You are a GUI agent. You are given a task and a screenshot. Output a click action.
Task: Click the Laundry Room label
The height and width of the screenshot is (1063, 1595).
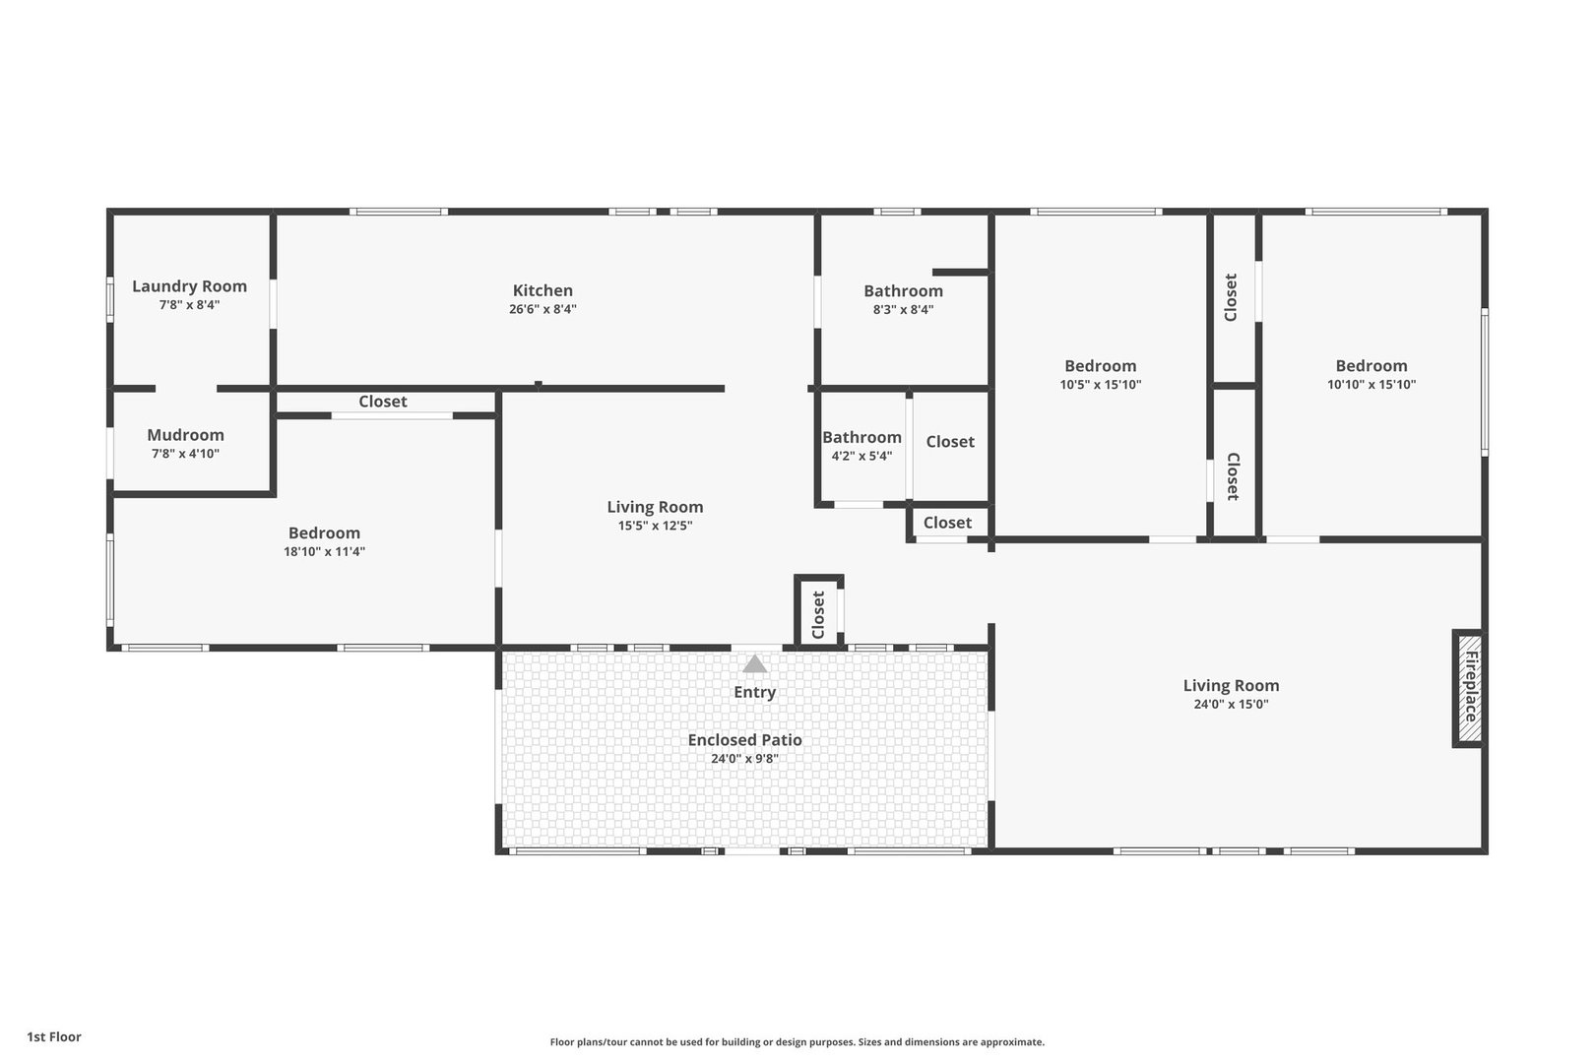click(189, 286)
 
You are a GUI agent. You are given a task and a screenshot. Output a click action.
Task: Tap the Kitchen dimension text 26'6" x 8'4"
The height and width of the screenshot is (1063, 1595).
click(542, 309)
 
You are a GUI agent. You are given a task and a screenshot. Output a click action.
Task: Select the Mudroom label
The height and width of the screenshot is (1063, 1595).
click(185, 435)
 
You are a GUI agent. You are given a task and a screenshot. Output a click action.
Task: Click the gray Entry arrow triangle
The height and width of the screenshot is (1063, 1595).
click(755, 664)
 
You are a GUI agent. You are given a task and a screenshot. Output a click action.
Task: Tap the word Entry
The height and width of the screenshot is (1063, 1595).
click(755, 692)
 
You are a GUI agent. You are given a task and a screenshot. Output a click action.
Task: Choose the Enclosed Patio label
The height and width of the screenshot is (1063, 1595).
click(744, 740)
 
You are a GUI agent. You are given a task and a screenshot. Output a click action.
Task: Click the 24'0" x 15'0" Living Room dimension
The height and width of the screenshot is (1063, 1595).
click(1231, 704)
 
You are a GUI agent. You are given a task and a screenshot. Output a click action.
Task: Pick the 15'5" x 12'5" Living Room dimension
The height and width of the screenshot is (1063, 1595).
click(655, 526)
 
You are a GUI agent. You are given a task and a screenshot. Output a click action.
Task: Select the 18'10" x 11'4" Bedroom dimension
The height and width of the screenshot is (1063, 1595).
click(324, 551)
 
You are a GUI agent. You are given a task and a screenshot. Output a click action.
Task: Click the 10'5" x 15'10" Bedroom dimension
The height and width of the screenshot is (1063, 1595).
click(1100, 385)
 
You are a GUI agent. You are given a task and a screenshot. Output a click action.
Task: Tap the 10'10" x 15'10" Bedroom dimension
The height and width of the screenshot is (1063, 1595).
click(1372, 385)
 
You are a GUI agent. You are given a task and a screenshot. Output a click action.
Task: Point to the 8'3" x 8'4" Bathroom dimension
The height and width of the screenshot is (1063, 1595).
click(903, 310)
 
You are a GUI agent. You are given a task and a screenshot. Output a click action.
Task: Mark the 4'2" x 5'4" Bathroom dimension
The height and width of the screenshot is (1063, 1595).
click(861, 456)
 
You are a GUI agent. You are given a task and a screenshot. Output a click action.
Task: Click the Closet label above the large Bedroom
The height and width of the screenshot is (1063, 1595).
click(383, 402)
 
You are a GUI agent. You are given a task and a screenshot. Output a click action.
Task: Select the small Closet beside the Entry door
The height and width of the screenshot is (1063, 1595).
click(818, 614)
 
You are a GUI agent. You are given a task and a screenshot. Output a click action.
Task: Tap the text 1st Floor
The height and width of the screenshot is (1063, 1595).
click(54, 1036)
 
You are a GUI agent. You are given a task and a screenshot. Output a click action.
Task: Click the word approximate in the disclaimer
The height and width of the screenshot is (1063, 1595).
click(1012, 1041)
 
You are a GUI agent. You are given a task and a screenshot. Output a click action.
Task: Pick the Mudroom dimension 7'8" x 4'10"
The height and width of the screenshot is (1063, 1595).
click(185, 454)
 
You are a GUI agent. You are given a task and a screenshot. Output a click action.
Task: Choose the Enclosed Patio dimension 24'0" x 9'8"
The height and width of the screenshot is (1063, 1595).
click(744, 758)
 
